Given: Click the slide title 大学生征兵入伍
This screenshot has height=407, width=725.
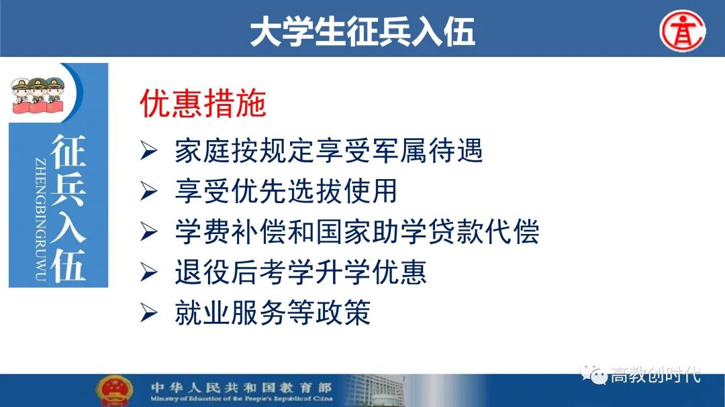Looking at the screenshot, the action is pos(362,32).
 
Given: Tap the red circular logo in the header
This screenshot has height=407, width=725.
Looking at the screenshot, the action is pos(683,30).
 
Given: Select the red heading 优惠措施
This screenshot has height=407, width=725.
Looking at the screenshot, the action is pos(203,103).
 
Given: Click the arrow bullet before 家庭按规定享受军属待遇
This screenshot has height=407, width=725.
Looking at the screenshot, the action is pos(149,151).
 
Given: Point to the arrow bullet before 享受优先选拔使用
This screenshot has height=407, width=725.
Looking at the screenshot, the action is pos(149,191).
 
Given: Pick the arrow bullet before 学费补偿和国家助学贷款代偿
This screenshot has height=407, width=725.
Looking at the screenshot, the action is pos(149,231).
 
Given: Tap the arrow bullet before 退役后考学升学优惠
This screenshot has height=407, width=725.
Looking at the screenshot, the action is pos(149,272).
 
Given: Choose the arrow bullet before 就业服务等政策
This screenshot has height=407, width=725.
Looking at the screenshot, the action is pos(149,312).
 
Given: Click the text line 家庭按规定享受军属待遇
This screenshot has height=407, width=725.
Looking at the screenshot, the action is pos(329,151).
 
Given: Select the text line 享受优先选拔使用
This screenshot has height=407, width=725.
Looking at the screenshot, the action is pos(286,191).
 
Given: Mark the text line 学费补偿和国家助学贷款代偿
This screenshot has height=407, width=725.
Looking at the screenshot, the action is pos(357,231).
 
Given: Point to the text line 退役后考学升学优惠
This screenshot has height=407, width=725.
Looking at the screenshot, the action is pos(301,272).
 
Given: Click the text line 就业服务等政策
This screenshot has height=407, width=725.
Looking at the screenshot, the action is pos(273,312).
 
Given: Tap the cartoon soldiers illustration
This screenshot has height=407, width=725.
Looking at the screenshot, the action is pos(38,95).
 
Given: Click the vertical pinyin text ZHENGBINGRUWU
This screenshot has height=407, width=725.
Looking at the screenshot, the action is pos(40,219).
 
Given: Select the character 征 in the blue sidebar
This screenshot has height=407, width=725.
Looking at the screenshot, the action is pos(68,152).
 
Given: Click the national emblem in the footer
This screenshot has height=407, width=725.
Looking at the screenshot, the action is pos(114,391).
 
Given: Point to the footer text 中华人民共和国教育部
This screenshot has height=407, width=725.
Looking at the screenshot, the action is pos(242,387).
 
